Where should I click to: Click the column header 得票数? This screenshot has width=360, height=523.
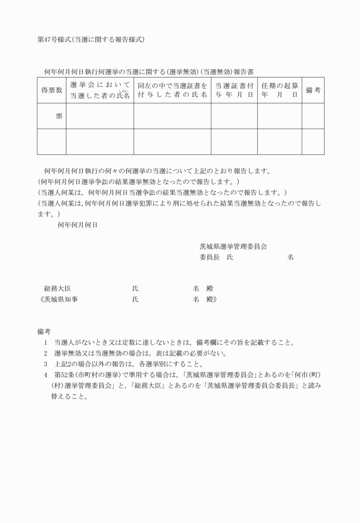tap(51, 90)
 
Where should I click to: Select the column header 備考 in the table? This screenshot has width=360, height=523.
tap(313, 90)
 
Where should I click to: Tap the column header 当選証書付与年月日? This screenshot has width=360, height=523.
tap(234, 90)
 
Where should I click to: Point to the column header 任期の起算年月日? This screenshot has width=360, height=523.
tap(279, 90)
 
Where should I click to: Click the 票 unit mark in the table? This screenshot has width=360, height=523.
tap(59, 117)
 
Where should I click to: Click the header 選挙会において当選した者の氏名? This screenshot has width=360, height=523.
tap(100, 90)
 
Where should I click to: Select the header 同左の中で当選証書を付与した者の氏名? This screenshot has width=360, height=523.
tap(172, 90)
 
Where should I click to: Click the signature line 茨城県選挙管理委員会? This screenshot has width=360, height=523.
tap(233, 246)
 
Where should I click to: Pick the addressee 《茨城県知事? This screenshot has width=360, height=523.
tap(55, 299)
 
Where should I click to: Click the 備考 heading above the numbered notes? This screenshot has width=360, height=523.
tap(45, 332)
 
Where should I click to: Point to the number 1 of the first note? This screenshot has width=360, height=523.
tap(45, 343)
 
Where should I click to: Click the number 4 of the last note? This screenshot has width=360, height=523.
tap(45, 375)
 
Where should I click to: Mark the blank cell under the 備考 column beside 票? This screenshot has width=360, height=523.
tap(313, 117)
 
